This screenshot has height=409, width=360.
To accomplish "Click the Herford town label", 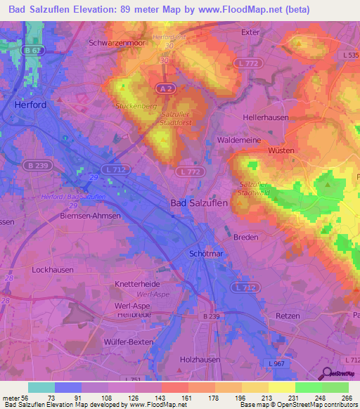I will point(30,105).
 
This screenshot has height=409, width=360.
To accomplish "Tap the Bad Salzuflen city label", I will point(199,202).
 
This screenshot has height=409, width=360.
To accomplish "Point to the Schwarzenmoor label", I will point(116,42).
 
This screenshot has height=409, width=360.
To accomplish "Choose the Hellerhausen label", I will point(265,118).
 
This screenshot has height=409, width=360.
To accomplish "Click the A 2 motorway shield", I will point(160,87).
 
